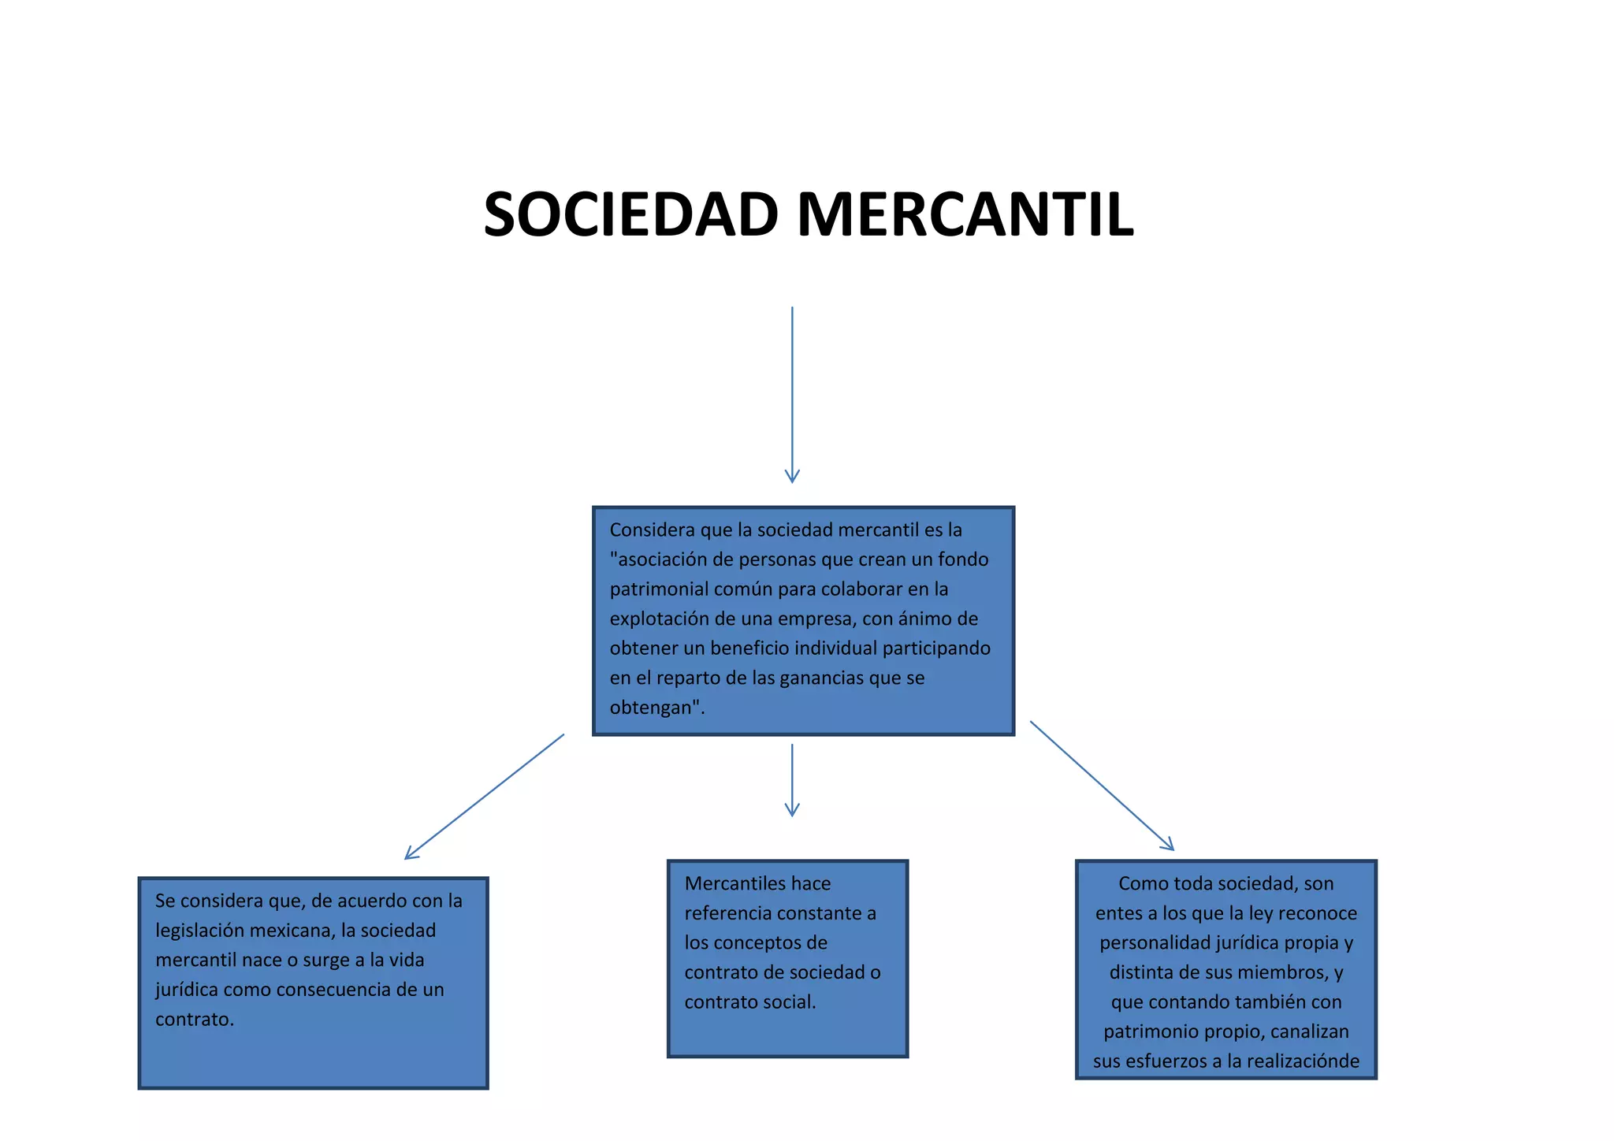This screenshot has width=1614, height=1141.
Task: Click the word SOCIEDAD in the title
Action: click(x=631, y=214)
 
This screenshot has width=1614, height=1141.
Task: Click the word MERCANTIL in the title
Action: click(x=965, y=214)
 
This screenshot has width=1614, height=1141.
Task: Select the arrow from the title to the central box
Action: click(x=792, y=394)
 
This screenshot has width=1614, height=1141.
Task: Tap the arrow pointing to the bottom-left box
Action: click(x=484, y=797)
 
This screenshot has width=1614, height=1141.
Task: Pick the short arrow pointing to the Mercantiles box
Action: click(x=792, y=779)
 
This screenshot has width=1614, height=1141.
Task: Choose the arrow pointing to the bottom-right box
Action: click(x=1102, y=785)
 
